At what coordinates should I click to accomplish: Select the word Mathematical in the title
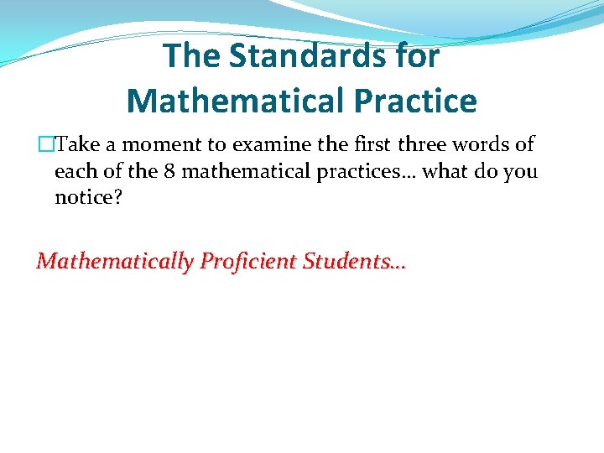[x=237, y=101]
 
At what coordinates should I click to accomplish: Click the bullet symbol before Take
[x=45, y=145]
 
